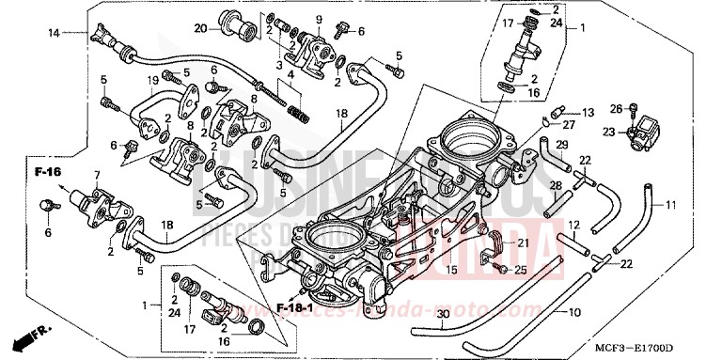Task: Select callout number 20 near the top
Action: point(200,27)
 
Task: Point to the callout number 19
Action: point(152,82)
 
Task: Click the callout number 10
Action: point(575,311)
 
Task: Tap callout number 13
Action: point(589,112)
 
